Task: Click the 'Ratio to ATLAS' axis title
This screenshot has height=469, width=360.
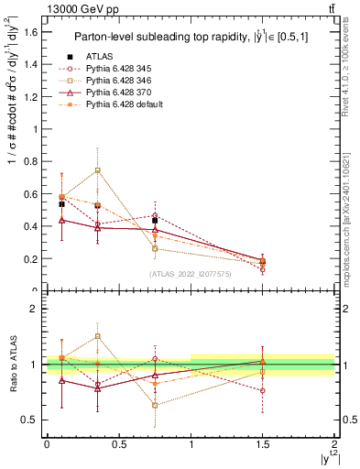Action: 12,365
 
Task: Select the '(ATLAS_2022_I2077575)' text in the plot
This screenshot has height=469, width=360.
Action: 191,274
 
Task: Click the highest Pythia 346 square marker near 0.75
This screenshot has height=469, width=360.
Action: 97,170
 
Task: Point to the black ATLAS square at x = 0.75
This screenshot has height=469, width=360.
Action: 155,221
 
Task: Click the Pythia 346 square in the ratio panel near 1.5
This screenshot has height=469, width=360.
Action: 263,372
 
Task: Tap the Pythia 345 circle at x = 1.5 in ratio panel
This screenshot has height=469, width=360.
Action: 263,390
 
